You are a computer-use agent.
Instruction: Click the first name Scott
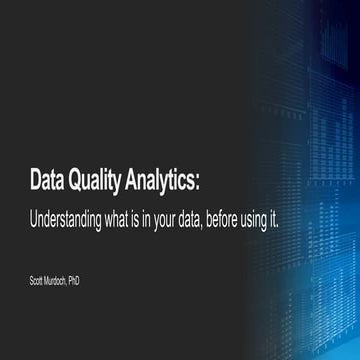point(37,281)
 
